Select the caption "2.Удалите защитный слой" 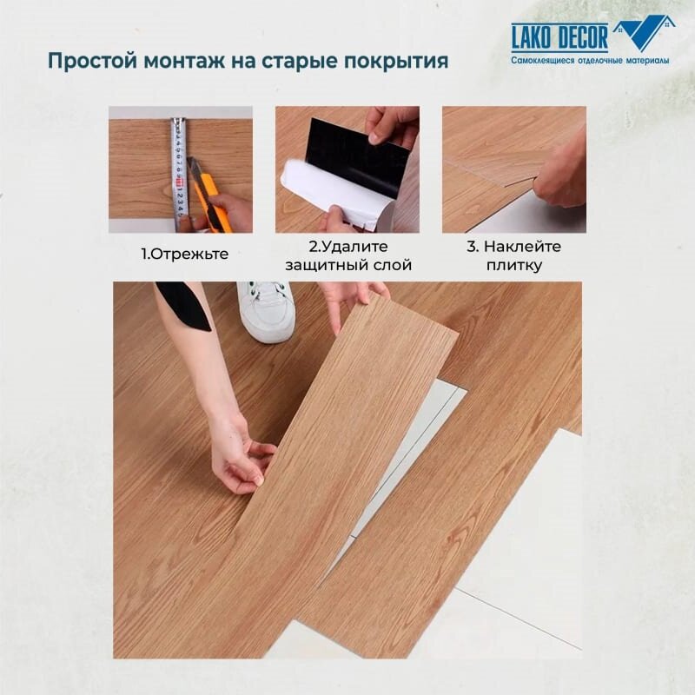(347, 255)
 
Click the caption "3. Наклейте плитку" (515, 255)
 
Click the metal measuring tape (178, 169)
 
